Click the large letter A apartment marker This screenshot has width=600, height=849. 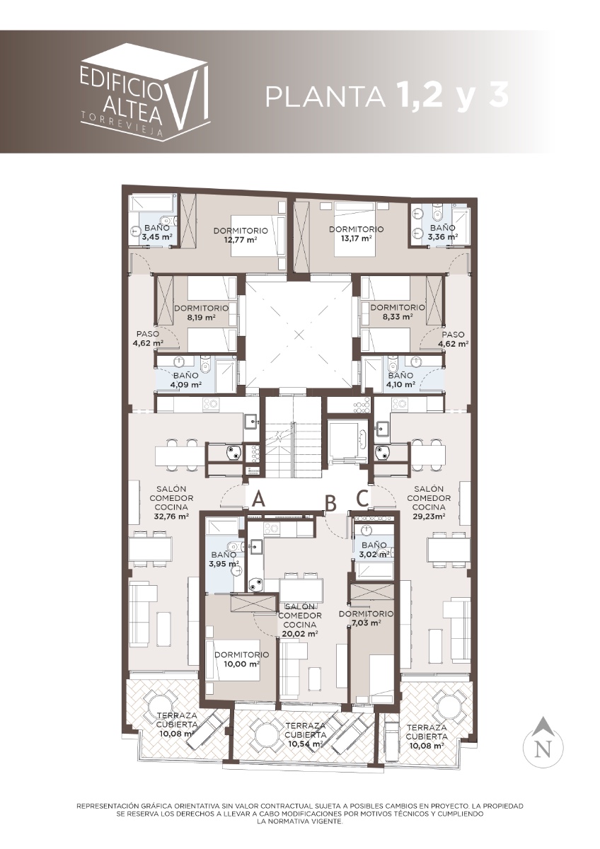pos(258,498)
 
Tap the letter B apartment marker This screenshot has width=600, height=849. pos(331,503)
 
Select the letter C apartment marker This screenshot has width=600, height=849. pos(363,498)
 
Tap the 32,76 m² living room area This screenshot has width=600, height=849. pos(171,516)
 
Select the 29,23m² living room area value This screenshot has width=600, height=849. pos(429,516)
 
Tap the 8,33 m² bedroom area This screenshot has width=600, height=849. pos(397,316)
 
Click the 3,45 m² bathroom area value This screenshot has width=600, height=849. pos(157,237)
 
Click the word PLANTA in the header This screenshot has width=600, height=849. pos(325,96)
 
